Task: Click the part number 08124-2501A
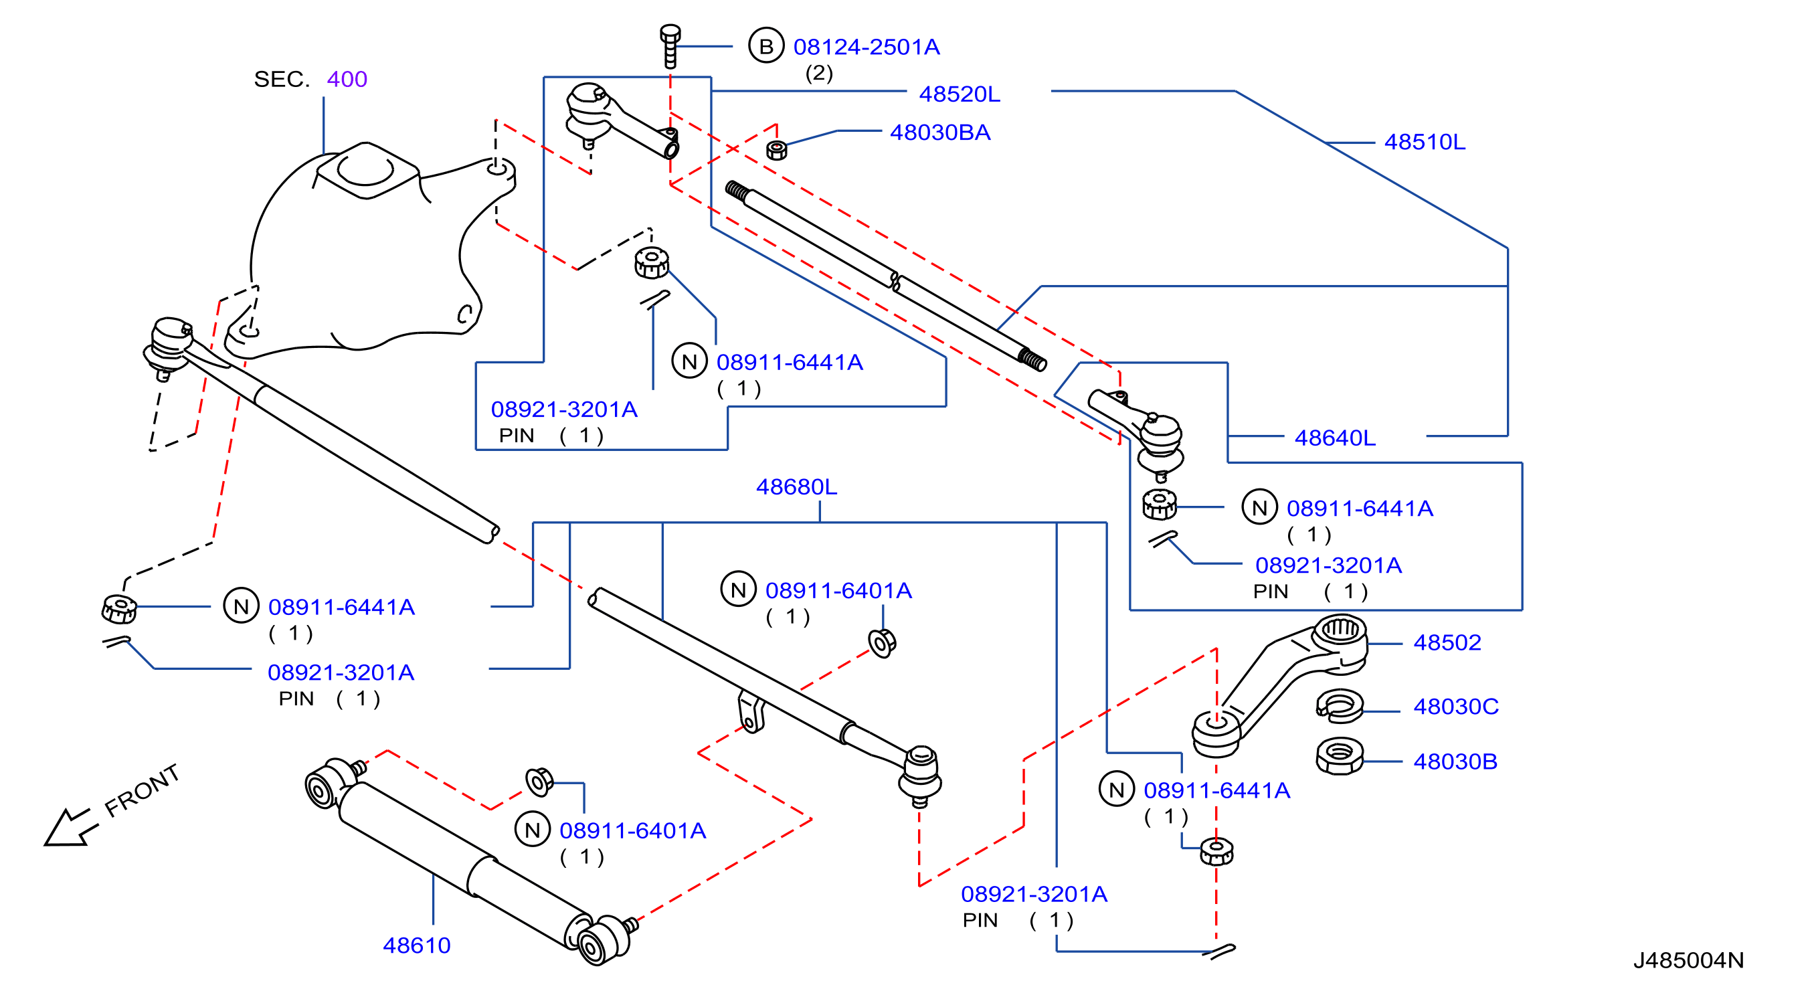(x=866, y=48)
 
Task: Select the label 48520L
(x=959, y=94)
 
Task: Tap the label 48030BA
(x=940, y=132)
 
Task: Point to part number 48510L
(x=1425, y=143)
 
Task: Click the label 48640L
(x=1334, y=438)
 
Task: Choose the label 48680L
(x=796, y=486)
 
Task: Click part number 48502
(x=1447, y=642)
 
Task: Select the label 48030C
(x=1455, y=707)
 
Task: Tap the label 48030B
(x=1455, y=761)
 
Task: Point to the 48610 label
(x=417, y=945)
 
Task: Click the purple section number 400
(x=347, y=79)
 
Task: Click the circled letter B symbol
(x=766, y=46)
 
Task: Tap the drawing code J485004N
(x=1689, y=960)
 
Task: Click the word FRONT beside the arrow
(x=143, y=791)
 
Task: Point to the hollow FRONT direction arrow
(x=68, y=827)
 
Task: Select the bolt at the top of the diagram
(x=670, y=46)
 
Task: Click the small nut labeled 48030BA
(x=776, y=150)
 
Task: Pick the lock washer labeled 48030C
(x=1340, y=706)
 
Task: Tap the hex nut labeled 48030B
(x=1340, y=756)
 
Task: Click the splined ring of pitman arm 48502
(x=1340, y=628)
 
